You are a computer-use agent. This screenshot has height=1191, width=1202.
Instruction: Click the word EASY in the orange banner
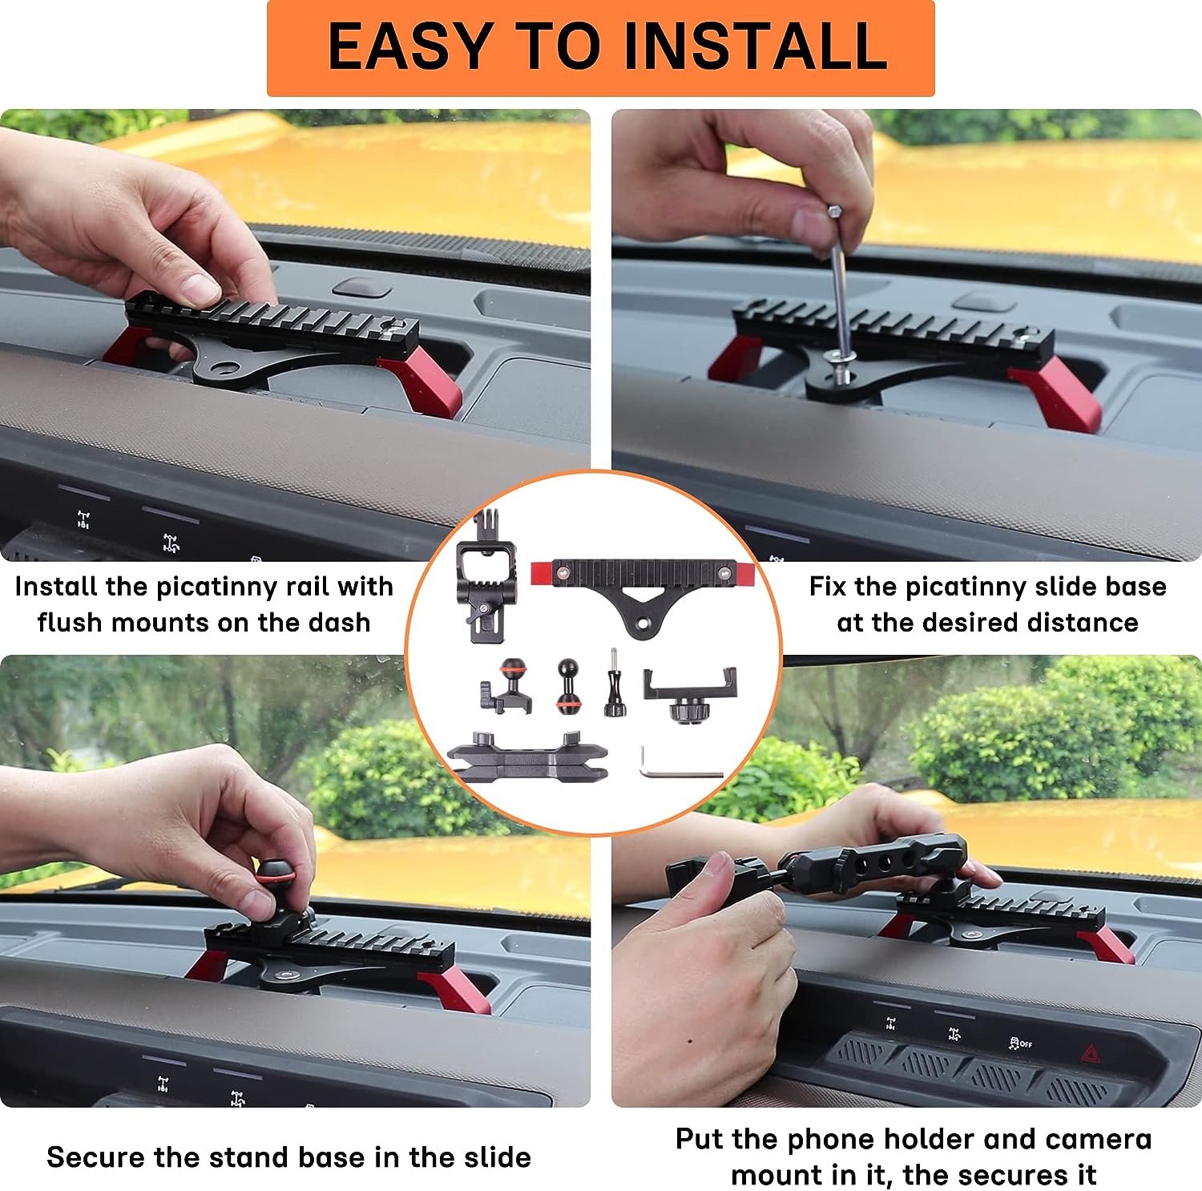point(409,46)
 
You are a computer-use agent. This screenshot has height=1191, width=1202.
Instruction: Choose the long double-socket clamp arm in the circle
point(526,758)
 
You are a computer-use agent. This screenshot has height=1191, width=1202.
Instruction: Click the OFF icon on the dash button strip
point(1019,1044)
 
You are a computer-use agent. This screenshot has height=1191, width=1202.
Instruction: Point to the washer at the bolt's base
point(841,356)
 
